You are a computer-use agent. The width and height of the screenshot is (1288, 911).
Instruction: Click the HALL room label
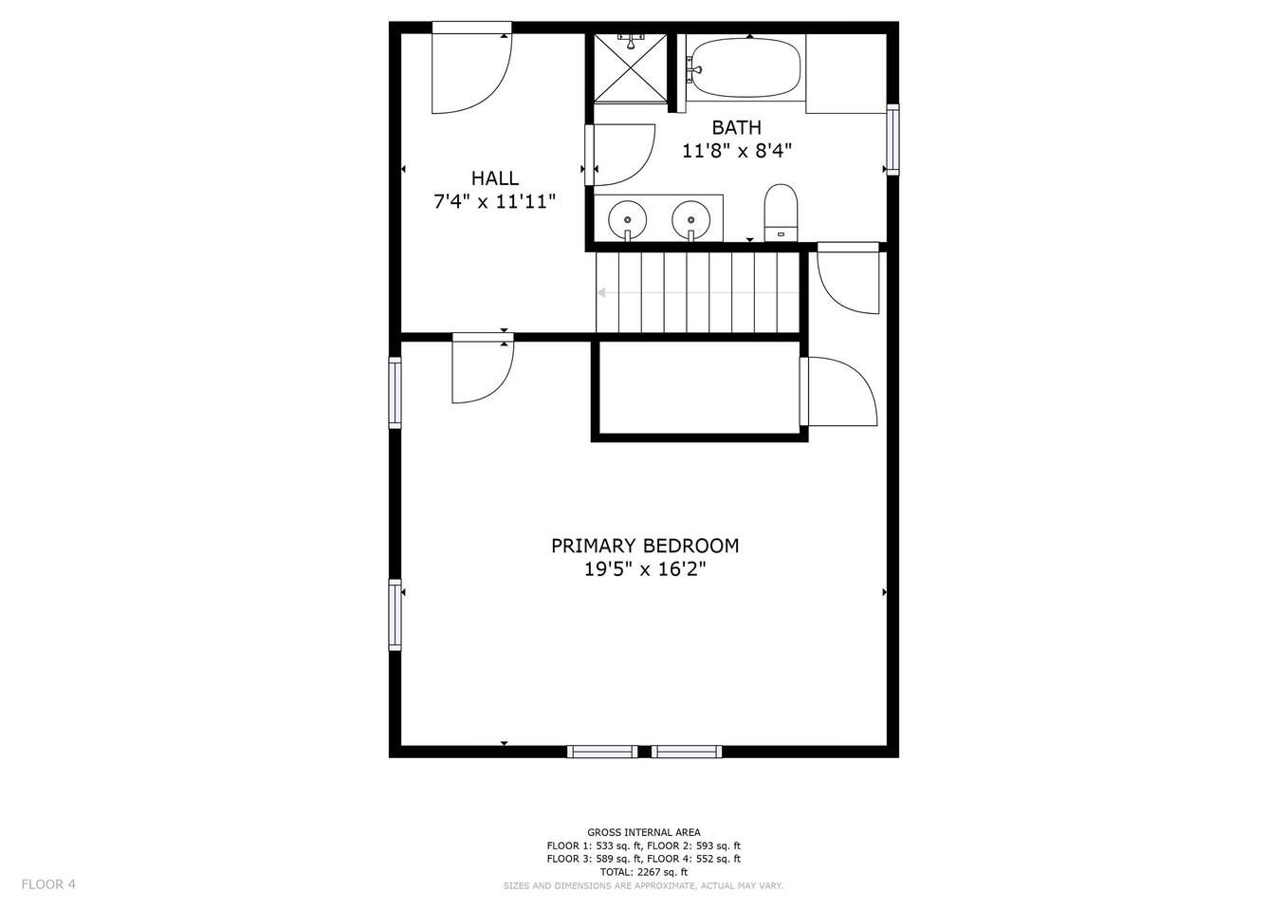coord(495,178)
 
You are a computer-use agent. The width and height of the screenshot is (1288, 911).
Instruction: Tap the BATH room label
coord(736,127)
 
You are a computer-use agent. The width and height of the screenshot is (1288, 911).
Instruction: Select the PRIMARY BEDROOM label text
coord(645,546)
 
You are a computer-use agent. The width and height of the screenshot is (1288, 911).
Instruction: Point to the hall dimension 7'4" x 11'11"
coord(495,202)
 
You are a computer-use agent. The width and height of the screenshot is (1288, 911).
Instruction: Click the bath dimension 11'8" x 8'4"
coord(737,151)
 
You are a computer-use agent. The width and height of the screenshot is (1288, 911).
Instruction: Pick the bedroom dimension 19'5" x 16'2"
coord(645,569)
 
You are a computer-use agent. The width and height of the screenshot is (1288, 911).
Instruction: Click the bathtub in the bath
coord(745,68)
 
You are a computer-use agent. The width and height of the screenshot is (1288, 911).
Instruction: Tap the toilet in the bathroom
coord(781,213)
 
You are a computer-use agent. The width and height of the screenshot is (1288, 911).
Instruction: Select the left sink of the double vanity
coord(627,221)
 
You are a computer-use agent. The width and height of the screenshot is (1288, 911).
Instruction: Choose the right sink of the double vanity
coord(690,221)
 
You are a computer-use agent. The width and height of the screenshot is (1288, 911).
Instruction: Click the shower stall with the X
coord(631,68)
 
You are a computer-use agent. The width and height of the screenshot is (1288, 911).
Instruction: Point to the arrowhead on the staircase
coord(601,292)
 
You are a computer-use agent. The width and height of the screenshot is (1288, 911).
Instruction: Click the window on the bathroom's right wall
coord(892,139)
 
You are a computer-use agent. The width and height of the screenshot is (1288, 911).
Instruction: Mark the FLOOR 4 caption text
coord(48,884)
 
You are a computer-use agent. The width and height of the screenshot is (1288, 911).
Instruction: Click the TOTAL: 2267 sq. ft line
coord(643,872)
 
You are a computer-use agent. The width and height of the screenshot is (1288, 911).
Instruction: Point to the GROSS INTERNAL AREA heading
coord(643,832)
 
